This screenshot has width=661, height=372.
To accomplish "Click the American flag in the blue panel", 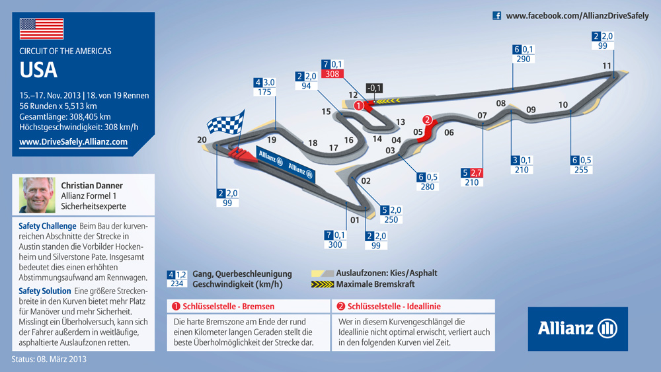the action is click(x=41, y=28).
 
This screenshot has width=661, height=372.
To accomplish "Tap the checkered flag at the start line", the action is click(x=226, y=122).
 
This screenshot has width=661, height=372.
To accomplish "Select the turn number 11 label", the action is click(x=607, y=65).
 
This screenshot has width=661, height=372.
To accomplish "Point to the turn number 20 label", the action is click(x=202, y=140).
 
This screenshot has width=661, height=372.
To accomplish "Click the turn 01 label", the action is click(x=355, y=220).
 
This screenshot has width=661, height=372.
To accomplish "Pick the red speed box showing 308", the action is click(x=332, y=74).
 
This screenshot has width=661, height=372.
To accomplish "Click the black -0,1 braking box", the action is click(x=374, y=88).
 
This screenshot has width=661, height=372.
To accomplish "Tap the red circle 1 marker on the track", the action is click(x=359, y=105).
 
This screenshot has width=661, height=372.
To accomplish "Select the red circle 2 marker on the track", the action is click(x=427, y=120).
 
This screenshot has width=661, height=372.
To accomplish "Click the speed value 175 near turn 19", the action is click(x=264, y=92).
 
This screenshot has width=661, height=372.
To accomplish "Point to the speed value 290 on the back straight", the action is click(x=523, y=59).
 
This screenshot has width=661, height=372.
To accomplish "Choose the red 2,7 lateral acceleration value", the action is click(x=476, y=172).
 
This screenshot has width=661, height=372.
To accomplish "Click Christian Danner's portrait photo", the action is click(x=37, y=195).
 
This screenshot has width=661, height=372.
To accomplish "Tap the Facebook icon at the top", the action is click(x=497, y=16).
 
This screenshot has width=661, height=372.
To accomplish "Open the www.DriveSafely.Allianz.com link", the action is click(x=73, y=142).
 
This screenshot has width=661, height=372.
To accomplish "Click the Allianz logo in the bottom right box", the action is click(x=578, y=328).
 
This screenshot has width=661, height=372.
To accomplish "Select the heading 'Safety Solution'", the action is click(x=45, y=291).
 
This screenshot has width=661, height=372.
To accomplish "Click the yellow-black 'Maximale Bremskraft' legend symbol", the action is click(x=323, y=284).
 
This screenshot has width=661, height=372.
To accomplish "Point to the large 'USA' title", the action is click(x=38, y=70).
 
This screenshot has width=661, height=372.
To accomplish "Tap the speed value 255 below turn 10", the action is click(x=581, y=170).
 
